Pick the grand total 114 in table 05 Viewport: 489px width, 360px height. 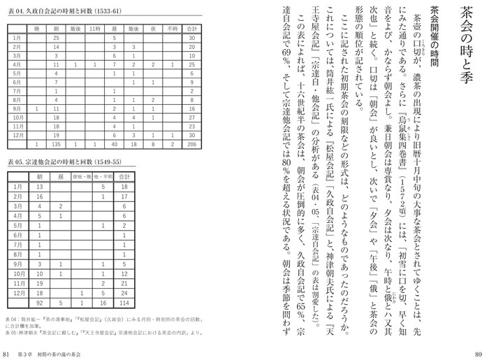point(124,285)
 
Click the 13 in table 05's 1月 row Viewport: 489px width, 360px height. point(40,187)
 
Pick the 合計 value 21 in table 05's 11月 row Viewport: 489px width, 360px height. point(124,266)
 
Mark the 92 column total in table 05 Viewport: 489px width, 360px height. point(40,285)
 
